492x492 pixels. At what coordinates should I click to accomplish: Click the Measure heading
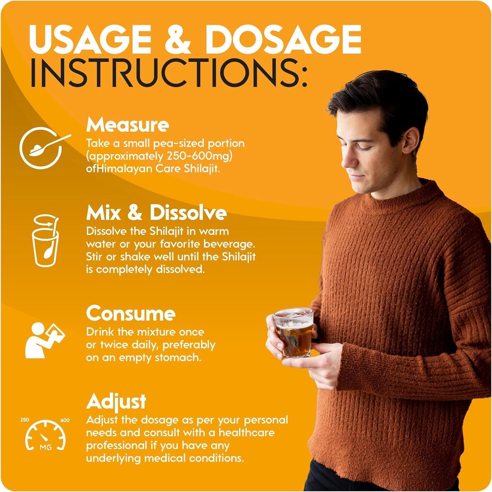[128, 125]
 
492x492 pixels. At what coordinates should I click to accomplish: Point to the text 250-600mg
[199, 157]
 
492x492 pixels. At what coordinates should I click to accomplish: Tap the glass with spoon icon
[46, 240]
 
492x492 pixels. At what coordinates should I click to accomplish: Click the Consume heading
[131, 313]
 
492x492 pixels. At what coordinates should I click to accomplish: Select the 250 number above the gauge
[25, 420]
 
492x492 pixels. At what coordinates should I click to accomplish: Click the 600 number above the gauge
[65, 420]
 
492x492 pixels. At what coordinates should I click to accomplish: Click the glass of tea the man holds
[293, 333]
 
